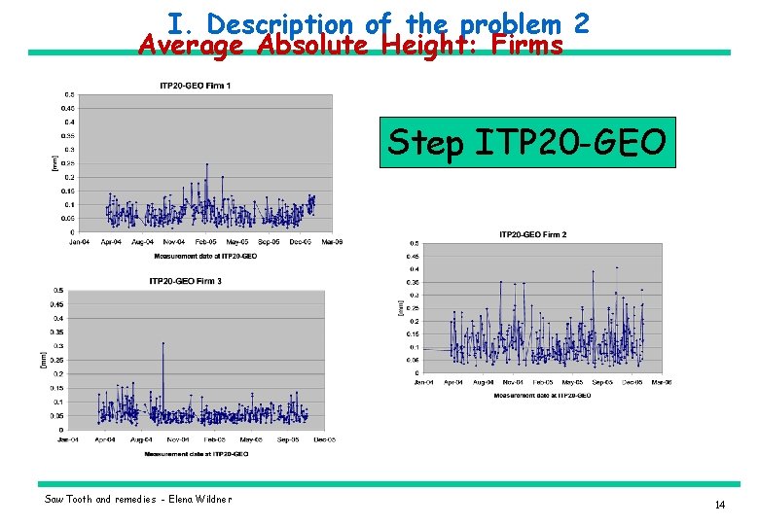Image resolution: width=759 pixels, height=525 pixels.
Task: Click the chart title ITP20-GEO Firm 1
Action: [x=196, y=87]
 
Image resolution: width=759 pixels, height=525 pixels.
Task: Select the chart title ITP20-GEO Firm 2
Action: [x=532, y=234]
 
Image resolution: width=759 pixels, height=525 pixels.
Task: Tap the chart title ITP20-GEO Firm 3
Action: [x=185, y=281]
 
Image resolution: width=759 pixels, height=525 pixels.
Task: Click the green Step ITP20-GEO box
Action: [x=526, y=143]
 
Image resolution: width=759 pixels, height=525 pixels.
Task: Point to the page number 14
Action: [x=720, y=505]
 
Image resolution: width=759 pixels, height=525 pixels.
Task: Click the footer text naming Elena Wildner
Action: [x=138, y=499]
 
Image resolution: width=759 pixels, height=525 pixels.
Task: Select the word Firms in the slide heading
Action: [x=527, y=45]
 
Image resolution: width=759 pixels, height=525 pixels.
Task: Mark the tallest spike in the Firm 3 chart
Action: [x=163, y=343]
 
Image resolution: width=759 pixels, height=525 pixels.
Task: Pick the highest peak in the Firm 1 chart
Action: [x=206, y=164]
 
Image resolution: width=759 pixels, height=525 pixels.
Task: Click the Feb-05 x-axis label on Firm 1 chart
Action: [x=205, y=241]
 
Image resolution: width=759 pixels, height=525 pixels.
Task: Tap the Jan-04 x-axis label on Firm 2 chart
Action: [x=424, y=382]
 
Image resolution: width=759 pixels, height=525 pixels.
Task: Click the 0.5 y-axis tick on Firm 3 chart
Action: [x=57, y=290]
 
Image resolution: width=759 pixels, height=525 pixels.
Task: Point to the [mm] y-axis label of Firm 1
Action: [x=54, y=163]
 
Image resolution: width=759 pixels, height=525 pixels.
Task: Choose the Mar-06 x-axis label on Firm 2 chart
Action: [x=662, y=382]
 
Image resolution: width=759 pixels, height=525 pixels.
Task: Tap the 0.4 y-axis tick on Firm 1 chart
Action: [x=69, y=122]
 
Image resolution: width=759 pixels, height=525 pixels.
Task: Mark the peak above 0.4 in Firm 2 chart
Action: [x=617, y=267]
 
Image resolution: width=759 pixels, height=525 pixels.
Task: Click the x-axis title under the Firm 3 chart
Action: [x=196, y=453]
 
